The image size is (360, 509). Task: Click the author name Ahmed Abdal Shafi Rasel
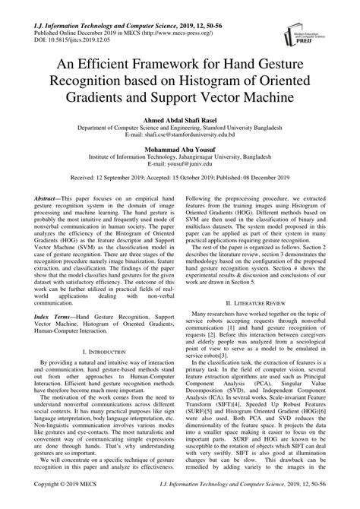[x=180, y=120]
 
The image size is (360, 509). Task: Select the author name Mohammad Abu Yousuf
[x=180, y=150]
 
